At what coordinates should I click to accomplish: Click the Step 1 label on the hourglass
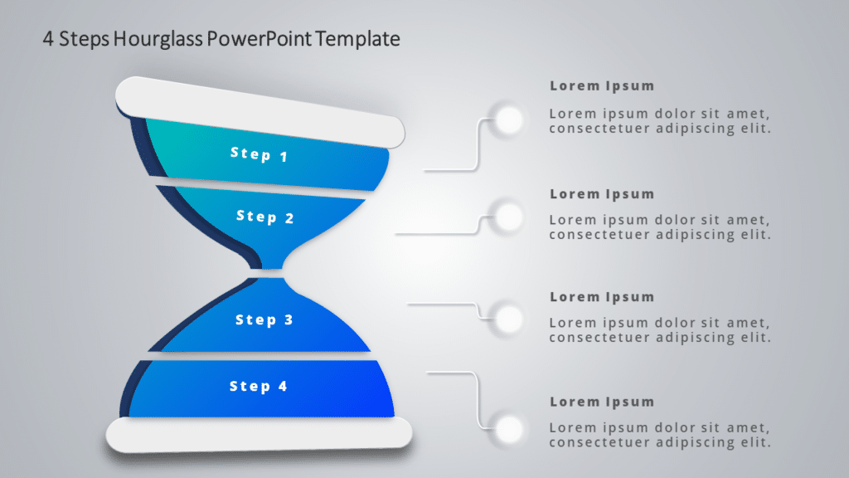pos(259,154)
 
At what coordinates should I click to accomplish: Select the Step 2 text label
pos(264,217)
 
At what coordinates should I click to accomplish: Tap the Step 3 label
pos(264,319)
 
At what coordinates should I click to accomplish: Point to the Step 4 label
pos(258,386)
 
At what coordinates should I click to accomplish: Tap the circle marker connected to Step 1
pos(508,120)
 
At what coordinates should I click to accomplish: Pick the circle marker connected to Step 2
pos(508,217)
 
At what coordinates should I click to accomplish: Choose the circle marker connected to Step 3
pos(508,318)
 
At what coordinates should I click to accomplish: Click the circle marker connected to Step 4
pos(508,429)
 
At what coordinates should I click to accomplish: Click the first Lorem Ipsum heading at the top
pos(602,85)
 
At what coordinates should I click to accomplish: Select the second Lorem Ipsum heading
pos(602,194)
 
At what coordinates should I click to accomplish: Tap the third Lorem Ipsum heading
pos(602,297)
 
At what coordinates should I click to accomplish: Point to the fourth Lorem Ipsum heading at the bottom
pos(602,402)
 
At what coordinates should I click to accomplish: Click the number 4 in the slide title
pos(49,39)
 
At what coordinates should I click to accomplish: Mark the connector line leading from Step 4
pos(478,398)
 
